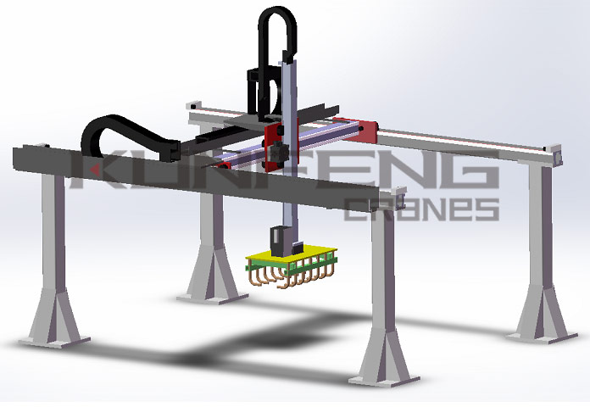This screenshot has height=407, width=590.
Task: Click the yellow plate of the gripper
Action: pos(292,254)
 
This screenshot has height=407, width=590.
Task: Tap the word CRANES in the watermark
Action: pos(422,209)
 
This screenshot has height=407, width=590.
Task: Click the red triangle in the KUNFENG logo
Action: pos(95,170)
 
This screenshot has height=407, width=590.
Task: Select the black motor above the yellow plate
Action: pos(279,241)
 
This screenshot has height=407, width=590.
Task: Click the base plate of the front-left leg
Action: pos(54,341)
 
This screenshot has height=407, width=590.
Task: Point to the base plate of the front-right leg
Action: pos(384,380)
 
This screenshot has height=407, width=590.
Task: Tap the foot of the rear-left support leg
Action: pos(213,298)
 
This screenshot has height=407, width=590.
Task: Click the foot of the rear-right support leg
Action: pos(542,337)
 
